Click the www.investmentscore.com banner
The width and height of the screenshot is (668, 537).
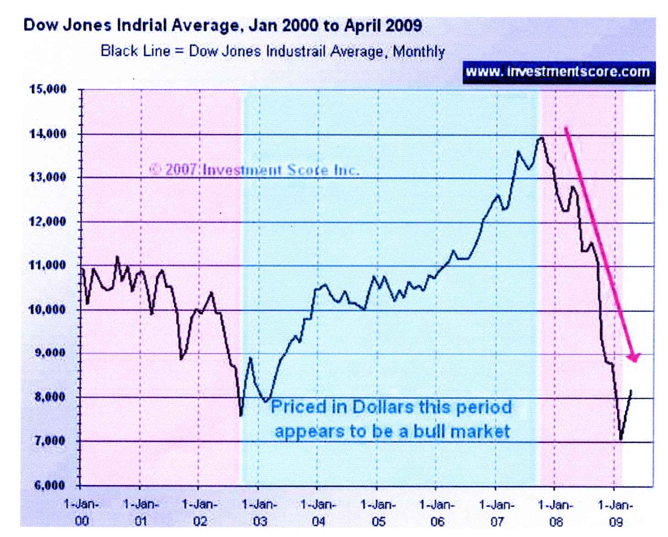pyautogui.click(x=558, y=72)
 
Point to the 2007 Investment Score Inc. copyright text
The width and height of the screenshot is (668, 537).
pyautogui.click(x=254, y=170)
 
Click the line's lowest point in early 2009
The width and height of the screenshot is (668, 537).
pyautogui.click(x=621, y=440)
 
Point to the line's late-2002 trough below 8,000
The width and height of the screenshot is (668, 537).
pyautogui.click(x=241, y=415)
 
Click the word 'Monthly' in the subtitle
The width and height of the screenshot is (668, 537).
pyautogui.click(x=419, y=51)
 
